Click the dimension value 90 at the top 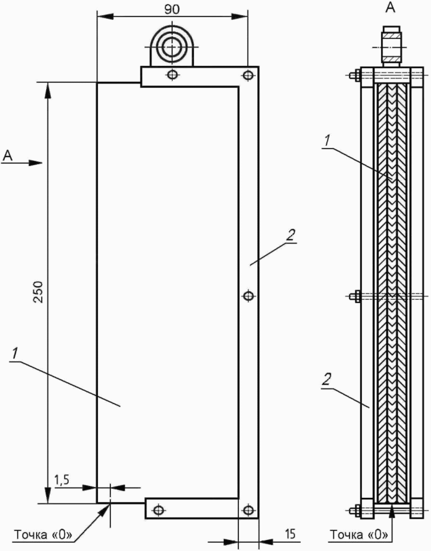click(172, 9)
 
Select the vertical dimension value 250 click(39, 292)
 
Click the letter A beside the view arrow click(7, 155)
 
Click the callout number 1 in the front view click(15, 353)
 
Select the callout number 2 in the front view click(291, 235)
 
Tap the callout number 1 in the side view click(327, 141)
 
